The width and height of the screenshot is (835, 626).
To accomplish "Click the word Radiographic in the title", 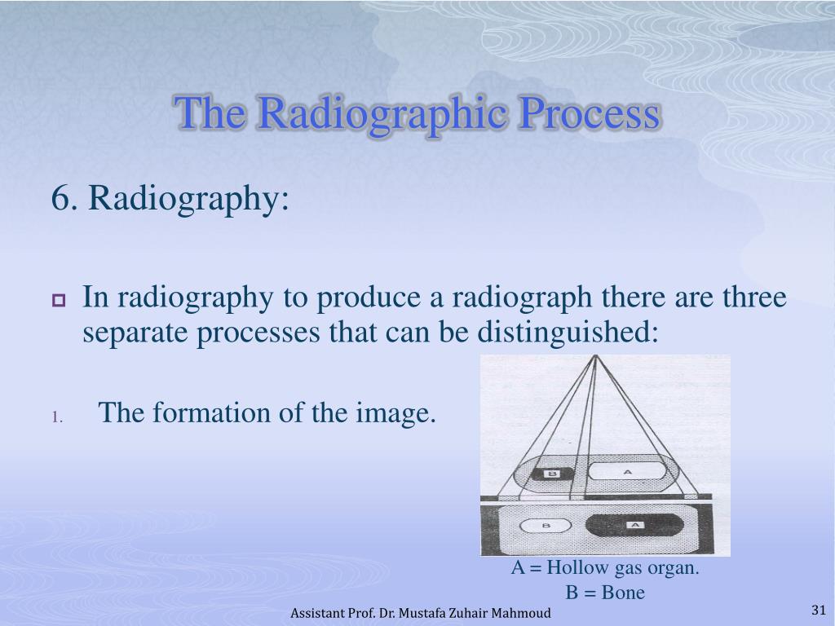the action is point(382,114).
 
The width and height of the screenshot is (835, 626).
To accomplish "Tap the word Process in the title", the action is point(590,113).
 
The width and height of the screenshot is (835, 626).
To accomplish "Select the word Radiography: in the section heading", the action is point(188,200).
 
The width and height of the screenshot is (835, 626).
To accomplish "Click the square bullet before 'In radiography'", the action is point(59,300).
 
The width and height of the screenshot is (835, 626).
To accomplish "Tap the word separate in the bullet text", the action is point(135,333).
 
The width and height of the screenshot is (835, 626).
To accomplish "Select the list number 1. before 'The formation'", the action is point(58,417).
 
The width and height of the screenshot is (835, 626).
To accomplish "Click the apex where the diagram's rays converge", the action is point(596,355).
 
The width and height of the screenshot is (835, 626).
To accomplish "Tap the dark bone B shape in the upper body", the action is point(553,474).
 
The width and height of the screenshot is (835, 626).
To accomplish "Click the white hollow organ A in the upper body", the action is point(627,472).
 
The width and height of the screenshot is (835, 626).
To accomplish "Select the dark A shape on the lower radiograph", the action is point(634,526).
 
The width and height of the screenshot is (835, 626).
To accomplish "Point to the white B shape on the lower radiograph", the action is point(546,526).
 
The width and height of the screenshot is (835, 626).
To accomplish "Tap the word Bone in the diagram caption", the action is point(623,593).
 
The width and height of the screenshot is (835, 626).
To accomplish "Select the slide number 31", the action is point(819,610).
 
